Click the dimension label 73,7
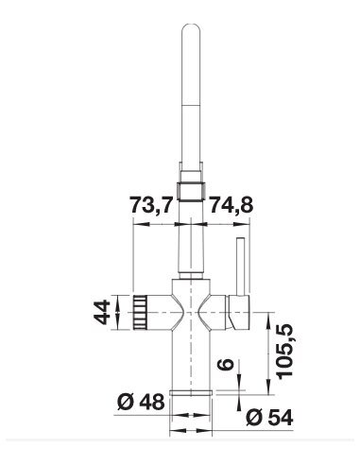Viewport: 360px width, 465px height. click(152, 205)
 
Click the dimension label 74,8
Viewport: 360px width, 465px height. click(231, 205)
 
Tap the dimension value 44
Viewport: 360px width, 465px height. click(102, 312)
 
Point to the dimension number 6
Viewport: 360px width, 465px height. click(226, 364)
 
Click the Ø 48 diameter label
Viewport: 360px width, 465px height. click(141, 402)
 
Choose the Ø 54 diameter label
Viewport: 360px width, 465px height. click(269, 418)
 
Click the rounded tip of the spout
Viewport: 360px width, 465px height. click(191, 26)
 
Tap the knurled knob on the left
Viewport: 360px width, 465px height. click(140, 312)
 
